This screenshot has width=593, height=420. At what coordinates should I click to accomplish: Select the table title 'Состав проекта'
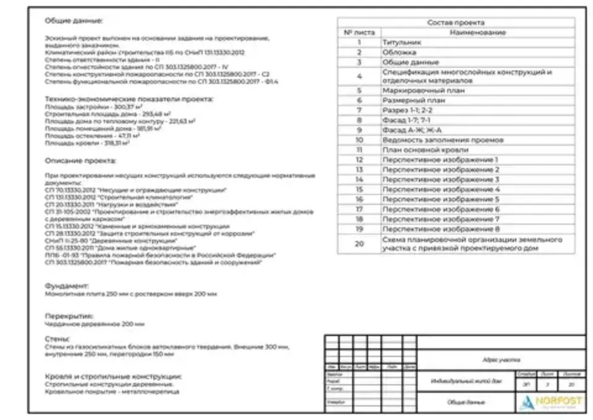tap(456, 23)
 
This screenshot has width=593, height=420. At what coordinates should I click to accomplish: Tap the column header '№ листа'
tap(359, 32)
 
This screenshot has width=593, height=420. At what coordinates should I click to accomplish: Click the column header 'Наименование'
tap(477, 32)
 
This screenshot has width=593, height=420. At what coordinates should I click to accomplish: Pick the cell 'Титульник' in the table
tap(402, 43)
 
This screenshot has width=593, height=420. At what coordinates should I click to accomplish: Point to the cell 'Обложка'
tap(400, 52)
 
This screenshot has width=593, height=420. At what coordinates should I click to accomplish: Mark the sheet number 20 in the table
tap(359, 243)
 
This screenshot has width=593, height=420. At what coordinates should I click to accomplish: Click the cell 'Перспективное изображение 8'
tap(440, 229)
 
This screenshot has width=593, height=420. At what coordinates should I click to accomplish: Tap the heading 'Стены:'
tap(57, 339)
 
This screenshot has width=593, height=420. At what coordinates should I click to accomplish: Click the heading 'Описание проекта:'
tap(80, 161)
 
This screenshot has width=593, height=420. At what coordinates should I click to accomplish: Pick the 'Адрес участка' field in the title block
tap(501, 359)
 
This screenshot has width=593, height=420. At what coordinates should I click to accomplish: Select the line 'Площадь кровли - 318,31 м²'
tap(86, 143)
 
